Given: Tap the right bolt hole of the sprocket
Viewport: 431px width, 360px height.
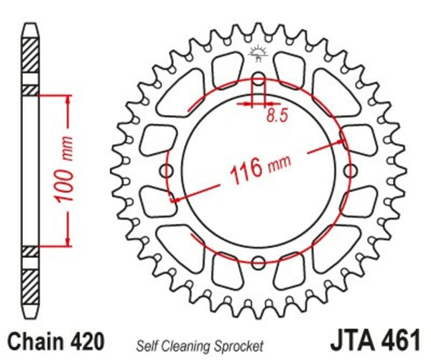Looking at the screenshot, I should click(x=350, y=171).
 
